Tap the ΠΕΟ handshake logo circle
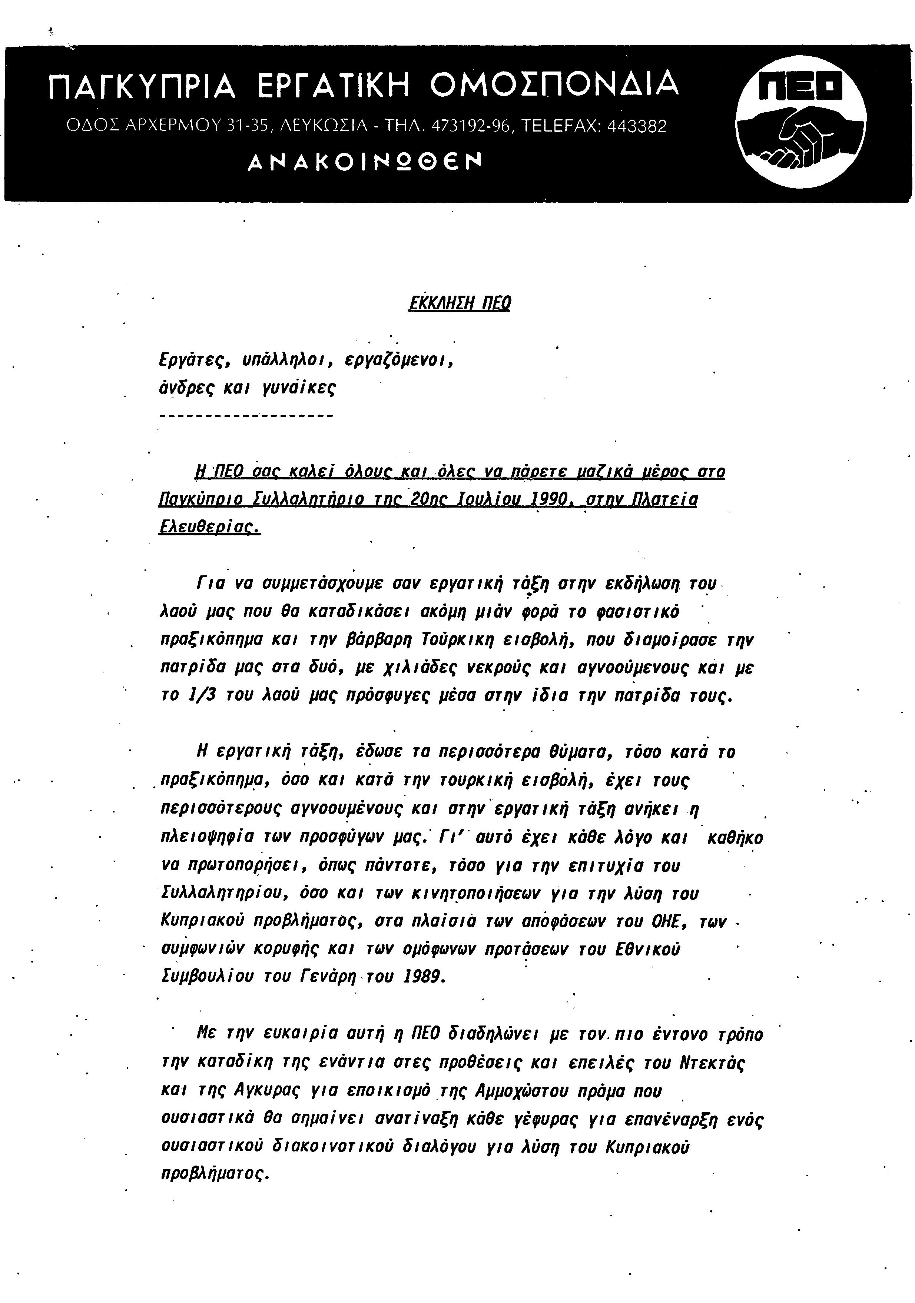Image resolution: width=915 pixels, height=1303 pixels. click(x=801, y=122)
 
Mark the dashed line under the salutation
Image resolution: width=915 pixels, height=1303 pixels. click(x=247, y=416)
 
